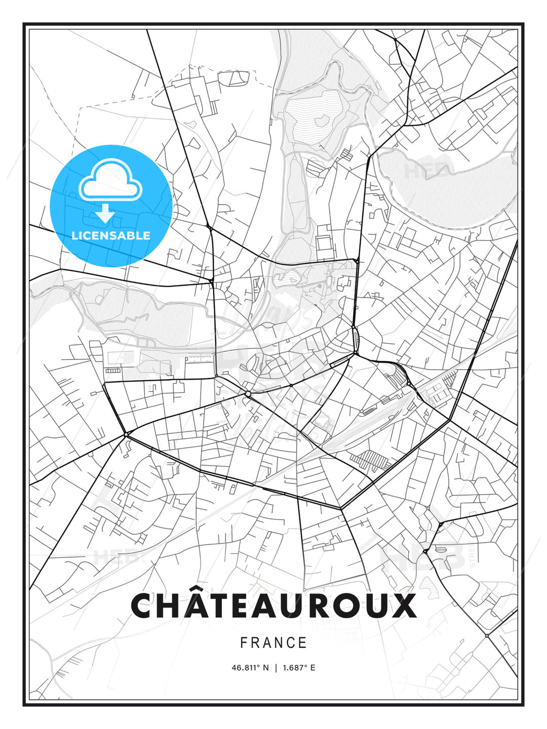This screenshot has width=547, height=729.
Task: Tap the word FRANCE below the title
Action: tap(273, 643)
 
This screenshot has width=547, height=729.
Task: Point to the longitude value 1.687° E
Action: tap(299, 668)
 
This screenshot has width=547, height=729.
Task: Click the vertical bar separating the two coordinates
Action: tap(276, 668)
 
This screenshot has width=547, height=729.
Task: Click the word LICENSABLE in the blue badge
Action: tap(111, 235)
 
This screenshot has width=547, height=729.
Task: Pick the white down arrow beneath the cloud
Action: tap(105, 213)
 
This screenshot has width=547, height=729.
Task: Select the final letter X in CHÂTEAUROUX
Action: tap(403, 605)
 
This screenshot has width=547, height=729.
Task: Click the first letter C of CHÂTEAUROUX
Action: tap(143, 605)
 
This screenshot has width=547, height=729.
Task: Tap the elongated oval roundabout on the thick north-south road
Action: tap(355, 335)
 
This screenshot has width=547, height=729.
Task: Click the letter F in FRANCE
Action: tap(244, 643)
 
